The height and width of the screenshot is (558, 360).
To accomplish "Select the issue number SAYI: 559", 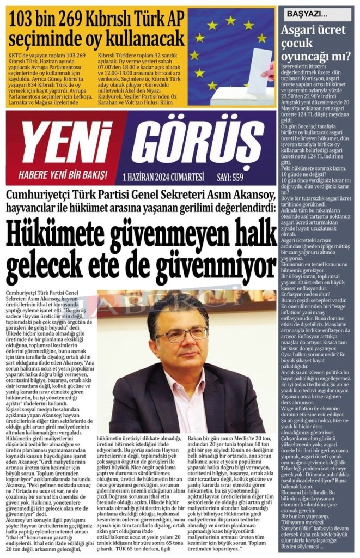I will click(230, 176).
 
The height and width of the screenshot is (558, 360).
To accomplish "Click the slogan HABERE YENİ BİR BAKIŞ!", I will click(63, 175).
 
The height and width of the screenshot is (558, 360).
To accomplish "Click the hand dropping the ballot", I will click(269, 71).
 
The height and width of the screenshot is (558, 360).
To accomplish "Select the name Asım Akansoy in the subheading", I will click(239, 195).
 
